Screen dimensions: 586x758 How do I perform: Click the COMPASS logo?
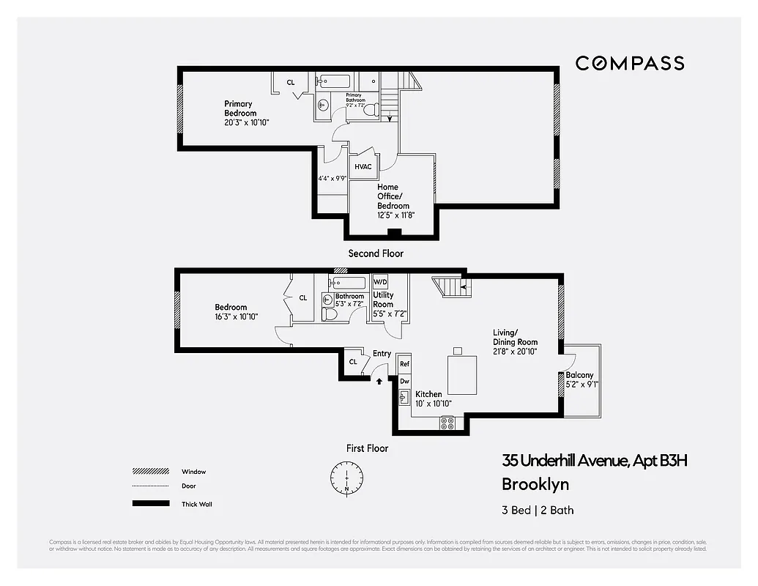tap(629, 63)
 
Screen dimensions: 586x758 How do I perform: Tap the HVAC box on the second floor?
tap(363, 166)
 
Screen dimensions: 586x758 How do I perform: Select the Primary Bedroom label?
tap(240, 108)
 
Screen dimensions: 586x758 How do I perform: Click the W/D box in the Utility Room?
tap(380, 282)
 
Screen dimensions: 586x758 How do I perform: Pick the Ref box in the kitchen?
tap(404, 364)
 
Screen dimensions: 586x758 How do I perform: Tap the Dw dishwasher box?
tap(404, 381)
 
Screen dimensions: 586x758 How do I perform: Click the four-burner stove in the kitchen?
tap(446, 423)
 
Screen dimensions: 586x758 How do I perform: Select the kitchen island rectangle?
tap(461, 374)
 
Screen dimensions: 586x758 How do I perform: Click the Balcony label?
tap(579, 375)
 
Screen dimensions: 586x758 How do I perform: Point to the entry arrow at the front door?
tap(379, 379)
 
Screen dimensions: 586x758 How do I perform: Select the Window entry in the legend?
tap(193, 472)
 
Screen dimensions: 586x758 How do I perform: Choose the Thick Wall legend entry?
tap(196, 504)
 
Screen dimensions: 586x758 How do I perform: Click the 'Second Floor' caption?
tap(375, 253)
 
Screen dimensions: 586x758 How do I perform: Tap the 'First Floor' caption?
tap(367, 448)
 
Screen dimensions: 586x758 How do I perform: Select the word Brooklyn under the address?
tap(535, 484)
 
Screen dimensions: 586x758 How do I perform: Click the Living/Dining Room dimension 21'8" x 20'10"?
tap(515, 352)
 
